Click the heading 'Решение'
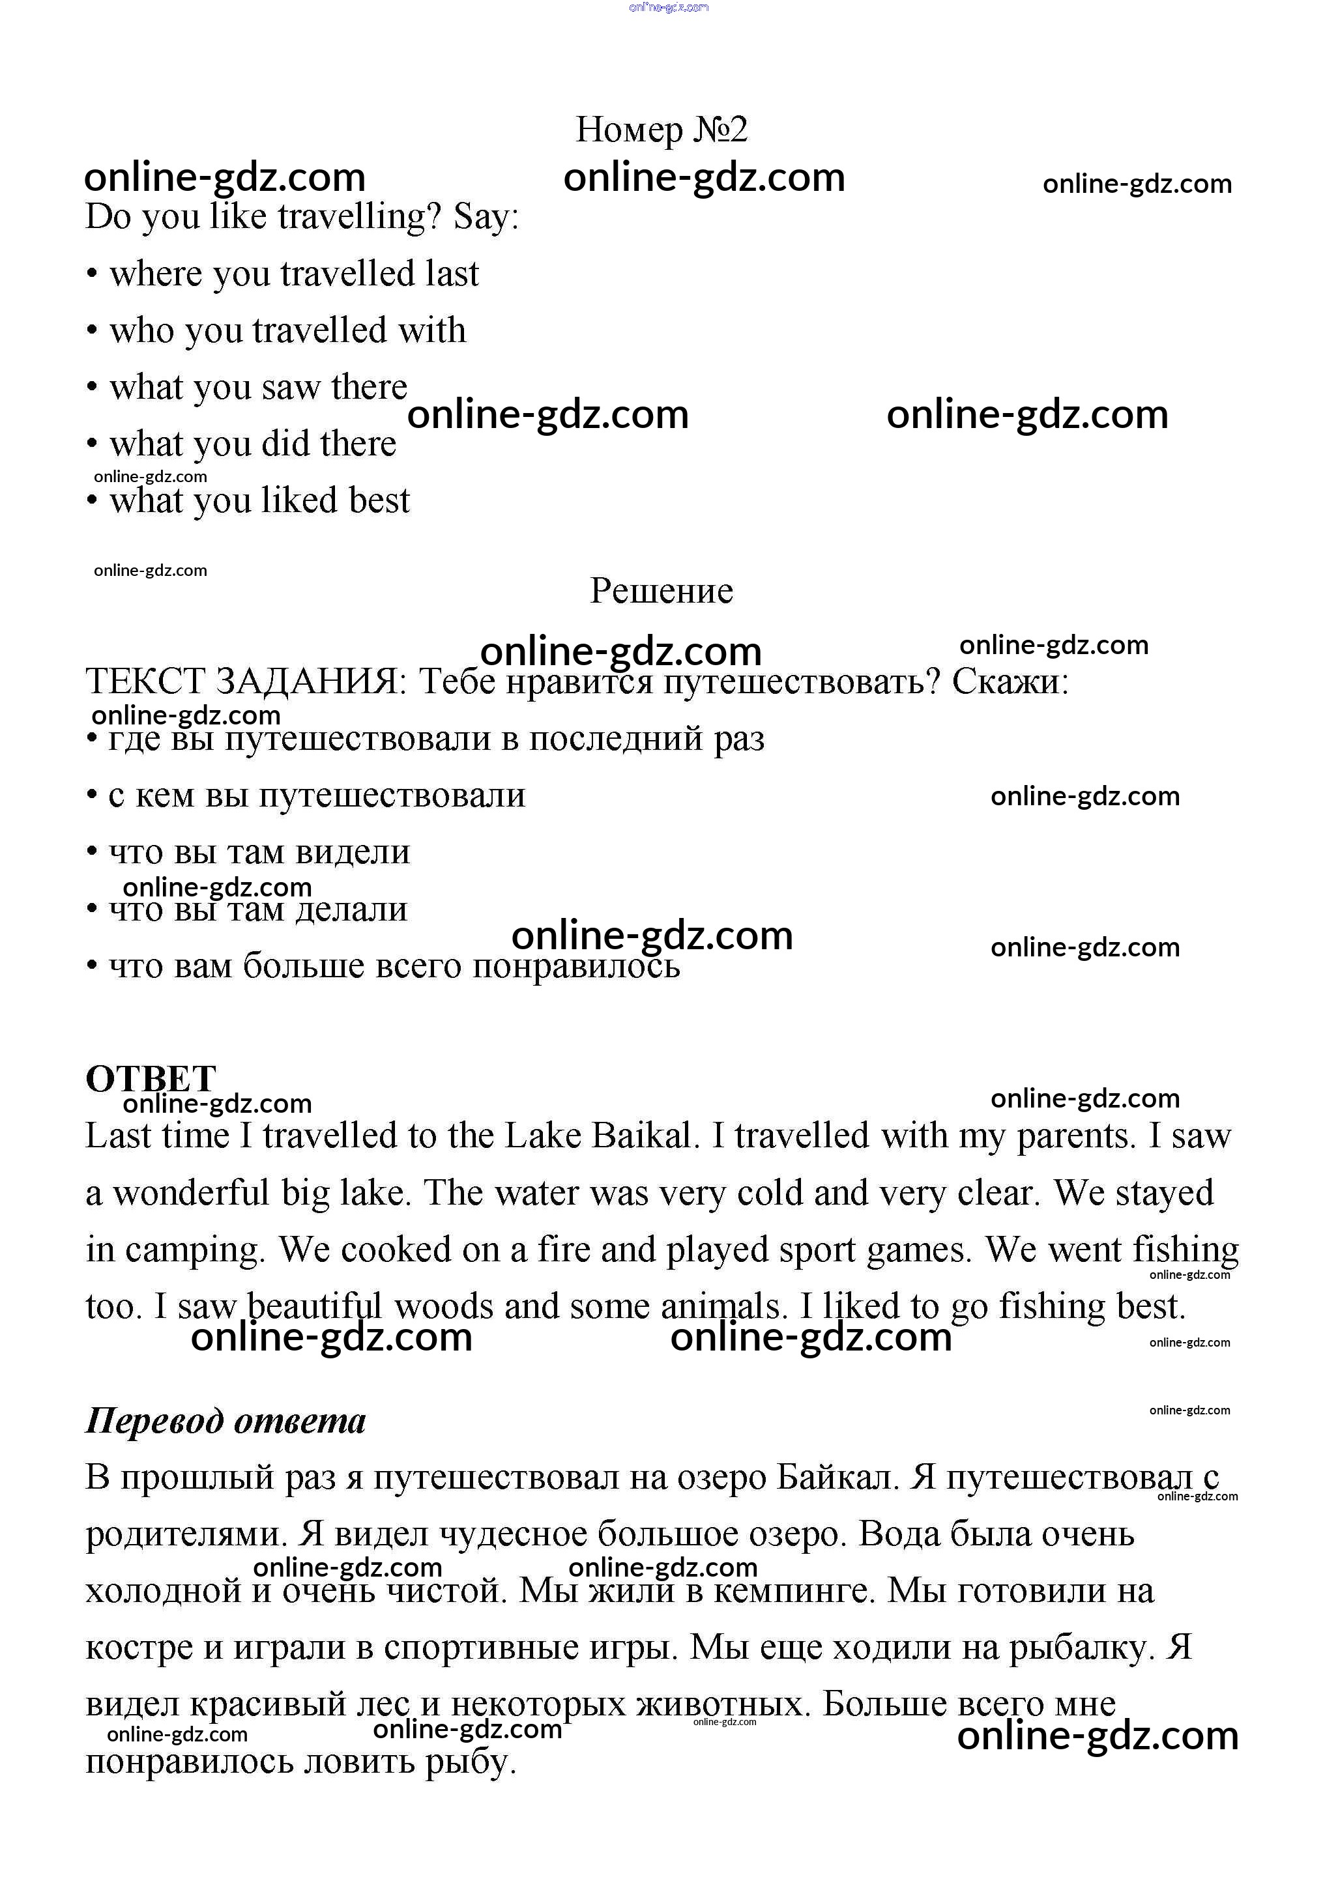click(662, 591)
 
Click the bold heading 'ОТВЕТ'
click(151, 1079)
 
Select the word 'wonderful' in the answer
click(192, 1194)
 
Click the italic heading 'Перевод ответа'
click(225, 1421)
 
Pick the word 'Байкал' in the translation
click(836, 1478)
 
